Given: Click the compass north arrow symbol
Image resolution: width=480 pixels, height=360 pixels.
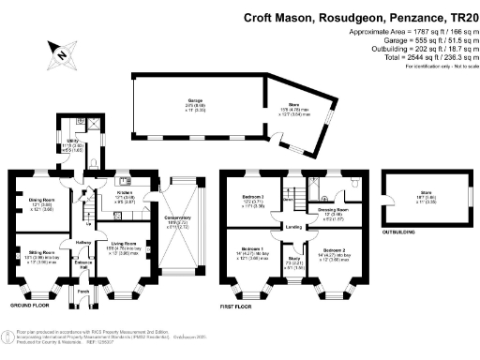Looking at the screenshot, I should tap(61, 54).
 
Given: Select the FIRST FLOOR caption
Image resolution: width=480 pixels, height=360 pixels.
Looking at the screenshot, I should tap(240, 306).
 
